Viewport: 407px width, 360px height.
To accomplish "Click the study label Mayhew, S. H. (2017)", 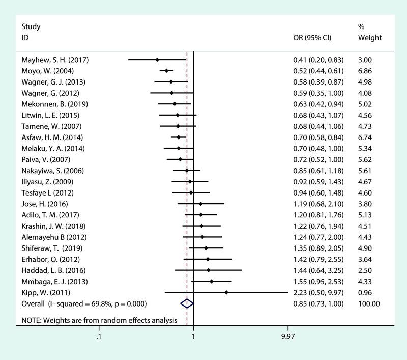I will (55, 60).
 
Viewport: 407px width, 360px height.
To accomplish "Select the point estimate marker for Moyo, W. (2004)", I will (166, 71).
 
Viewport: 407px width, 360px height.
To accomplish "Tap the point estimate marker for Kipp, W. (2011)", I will (226, 292).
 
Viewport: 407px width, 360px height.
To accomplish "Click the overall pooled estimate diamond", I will (187, 303).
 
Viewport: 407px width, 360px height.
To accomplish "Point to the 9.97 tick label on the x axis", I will (288, 336).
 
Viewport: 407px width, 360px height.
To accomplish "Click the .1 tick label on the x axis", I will (98, 336).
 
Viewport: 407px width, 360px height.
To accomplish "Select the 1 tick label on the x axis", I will (193, 336).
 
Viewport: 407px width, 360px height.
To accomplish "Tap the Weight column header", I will (370, 38).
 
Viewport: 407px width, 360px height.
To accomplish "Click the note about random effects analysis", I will (99, 320).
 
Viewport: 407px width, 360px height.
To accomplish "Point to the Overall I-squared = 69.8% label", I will (84, 303).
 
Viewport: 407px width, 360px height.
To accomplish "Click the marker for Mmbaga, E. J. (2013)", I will (211, 281).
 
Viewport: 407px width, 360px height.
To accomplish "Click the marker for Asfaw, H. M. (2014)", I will (179, 137).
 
